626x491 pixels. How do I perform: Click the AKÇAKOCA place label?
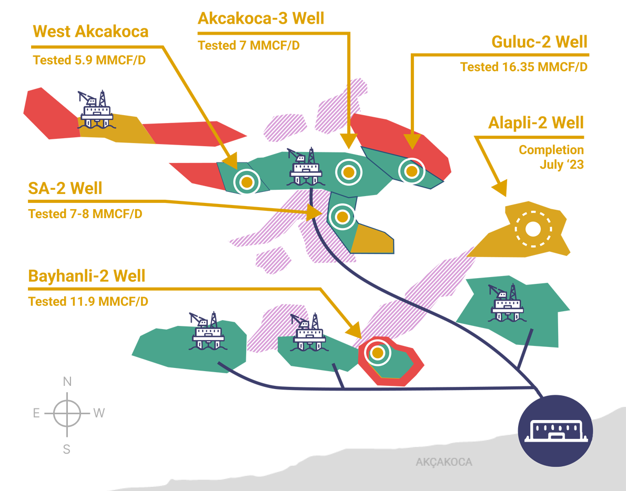click(443, 463)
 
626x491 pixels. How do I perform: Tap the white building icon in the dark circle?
click(556, 432)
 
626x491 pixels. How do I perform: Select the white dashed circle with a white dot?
click(533, 229)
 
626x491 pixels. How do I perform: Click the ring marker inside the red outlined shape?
click(377, 353)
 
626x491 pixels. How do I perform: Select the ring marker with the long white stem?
click(411, 171)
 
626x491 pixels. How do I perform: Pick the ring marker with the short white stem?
click(247, 182)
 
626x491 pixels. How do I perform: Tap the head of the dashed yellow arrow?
click(315, 213)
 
